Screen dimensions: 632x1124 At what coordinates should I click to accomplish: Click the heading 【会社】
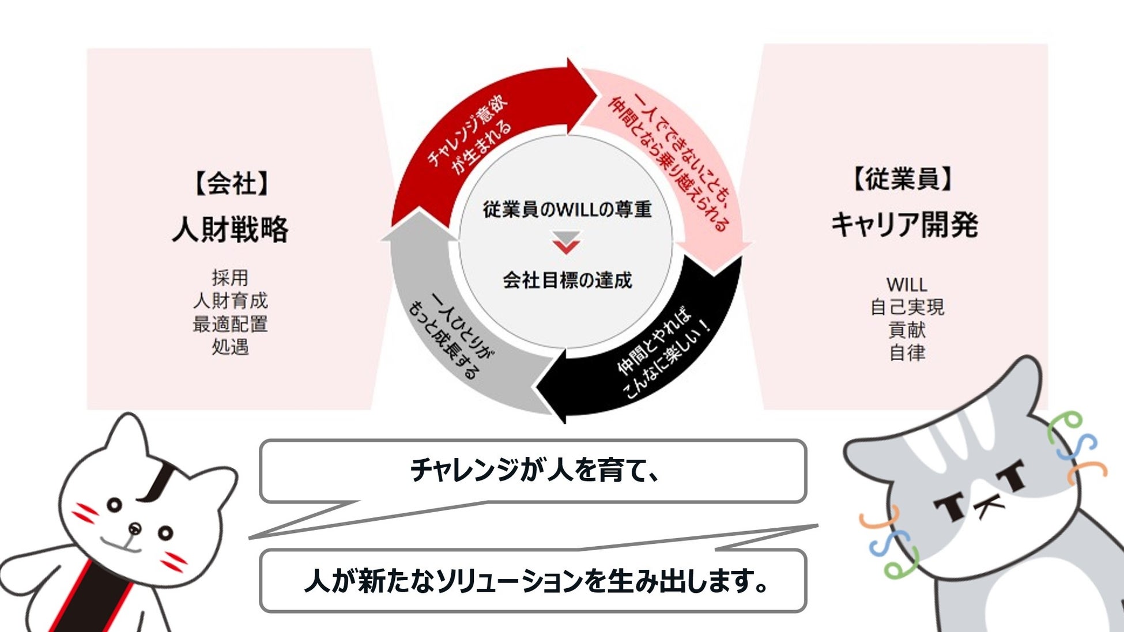pyautogui.click(x=230, y=184)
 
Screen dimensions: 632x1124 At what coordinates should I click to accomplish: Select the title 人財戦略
pyautogui.click(x=230, y=229)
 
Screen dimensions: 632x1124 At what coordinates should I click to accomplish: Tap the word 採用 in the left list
pyautogui.click(x=230, y=278)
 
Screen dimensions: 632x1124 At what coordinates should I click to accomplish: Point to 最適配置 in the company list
pyautogui.click(x=230, y=324)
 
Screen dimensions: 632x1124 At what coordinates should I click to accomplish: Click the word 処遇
pyautogui.click(x=230, y=347)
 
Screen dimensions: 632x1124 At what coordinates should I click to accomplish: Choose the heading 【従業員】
pyautogui.click(x=903, y=179)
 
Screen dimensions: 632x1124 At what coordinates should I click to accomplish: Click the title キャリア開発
pyautogui.click(x=904, y=225)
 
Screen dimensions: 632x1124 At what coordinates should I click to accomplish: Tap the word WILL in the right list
pyautogui.click(x=907, y=285)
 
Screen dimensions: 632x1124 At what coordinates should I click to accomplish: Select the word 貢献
pyautogui.click(x=907, y=330)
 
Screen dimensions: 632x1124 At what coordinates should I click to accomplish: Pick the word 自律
pyautogui.click(x=907, y=353)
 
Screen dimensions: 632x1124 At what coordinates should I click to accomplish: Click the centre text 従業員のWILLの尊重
pyautogui.click(x=567, y=209)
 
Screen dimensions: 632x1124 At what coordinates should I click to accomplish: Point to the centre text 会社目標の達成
pyautogui.click(x=567, y=281)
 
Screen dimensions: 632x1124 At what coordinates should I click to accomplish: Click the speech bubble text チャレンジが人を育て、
pyautogui.click(x=533, y=471)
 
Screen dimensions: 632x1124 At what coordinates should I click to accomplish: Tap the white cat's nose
pyautogui.click(x=135, y=527)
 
